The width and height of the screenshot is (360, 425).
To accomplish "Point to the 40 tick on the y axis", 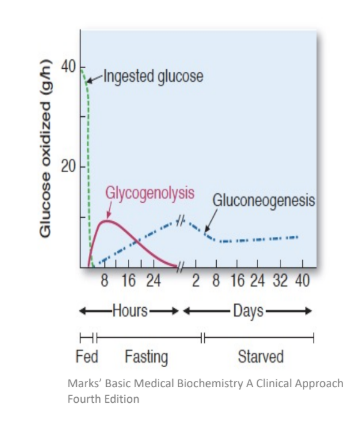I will [x=68, y=66].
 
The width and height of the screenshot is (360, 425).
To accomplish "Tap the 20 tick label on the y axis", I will [x=68, y=167].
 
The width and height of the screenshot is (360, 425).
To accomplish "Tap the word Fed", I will [x=86, y=357].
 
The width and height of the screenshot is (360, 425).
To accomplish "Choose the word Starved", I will [x=262, y=357].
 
